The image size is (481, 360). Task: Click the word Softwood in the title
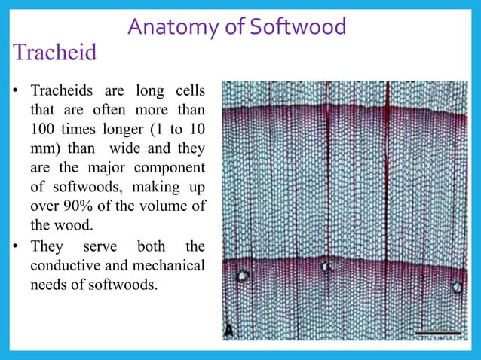(298, 27)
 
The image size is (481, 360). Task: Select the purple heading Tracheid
(54, 54)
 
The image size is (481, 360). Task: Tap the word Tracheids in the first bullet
(62, 92)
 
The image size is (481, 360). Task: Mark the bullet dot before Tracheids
(15, 93)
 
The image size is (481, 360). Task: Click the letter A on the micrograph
(228, 330)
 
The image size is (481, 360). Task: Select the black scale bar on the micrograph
(437, 332)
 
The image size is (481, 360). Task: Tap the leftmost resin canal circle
(243, 276)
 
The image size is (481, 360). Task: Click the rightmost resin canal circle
(456, 286)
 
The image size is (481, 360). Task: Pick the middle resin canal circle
(326, 267)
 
